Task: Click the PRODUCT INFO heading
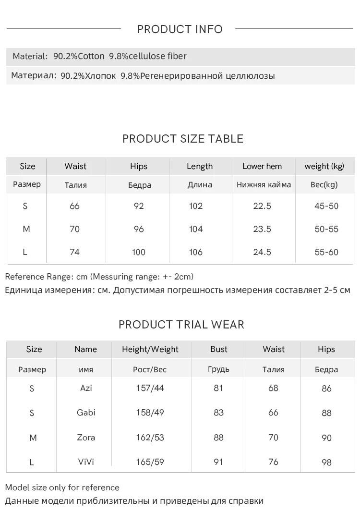180,29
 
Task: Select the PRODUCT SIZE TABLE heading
183,139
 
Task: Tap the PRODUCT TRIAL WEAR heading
181,325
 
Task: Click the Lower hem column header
262,166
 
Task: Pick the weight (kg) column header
324,166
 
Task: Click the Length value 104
196,229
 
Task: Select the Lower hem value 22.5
262,206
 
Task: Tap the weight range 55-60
326,252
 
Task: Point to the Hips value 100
139,252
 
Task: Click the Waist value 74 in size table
75,252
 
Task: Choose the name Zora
86,437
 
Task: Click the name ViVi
86,462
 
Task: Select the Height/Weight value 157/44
150,388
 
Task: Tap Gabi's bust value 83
218,413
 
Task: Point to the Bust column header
219,349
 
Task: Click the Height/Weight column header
150,349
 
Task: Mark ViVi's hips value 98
326,462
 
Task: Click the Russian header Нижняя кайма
264,185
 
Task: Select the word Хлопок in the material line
100,76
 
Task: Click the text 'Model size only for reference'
62,487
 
